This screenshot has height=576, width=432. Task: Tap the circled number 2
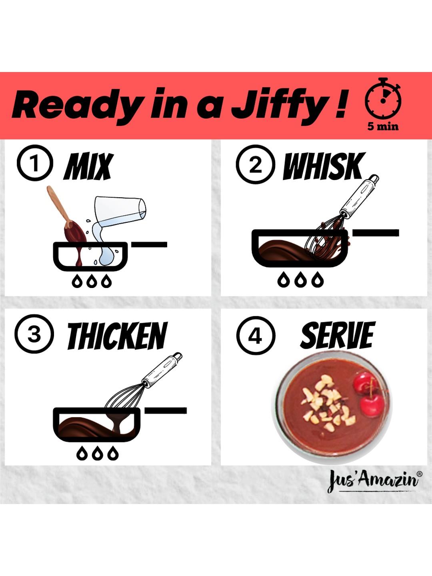pos(255,165)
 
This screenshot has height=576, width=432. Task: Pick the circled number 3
pos(34,334)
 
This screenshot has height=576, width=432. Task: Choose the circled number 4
pos(256,336)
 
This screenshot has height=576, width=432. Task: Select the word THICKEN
pos(117,336)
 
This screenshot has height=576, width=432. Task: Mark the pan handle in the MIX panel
pos(149,244)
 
